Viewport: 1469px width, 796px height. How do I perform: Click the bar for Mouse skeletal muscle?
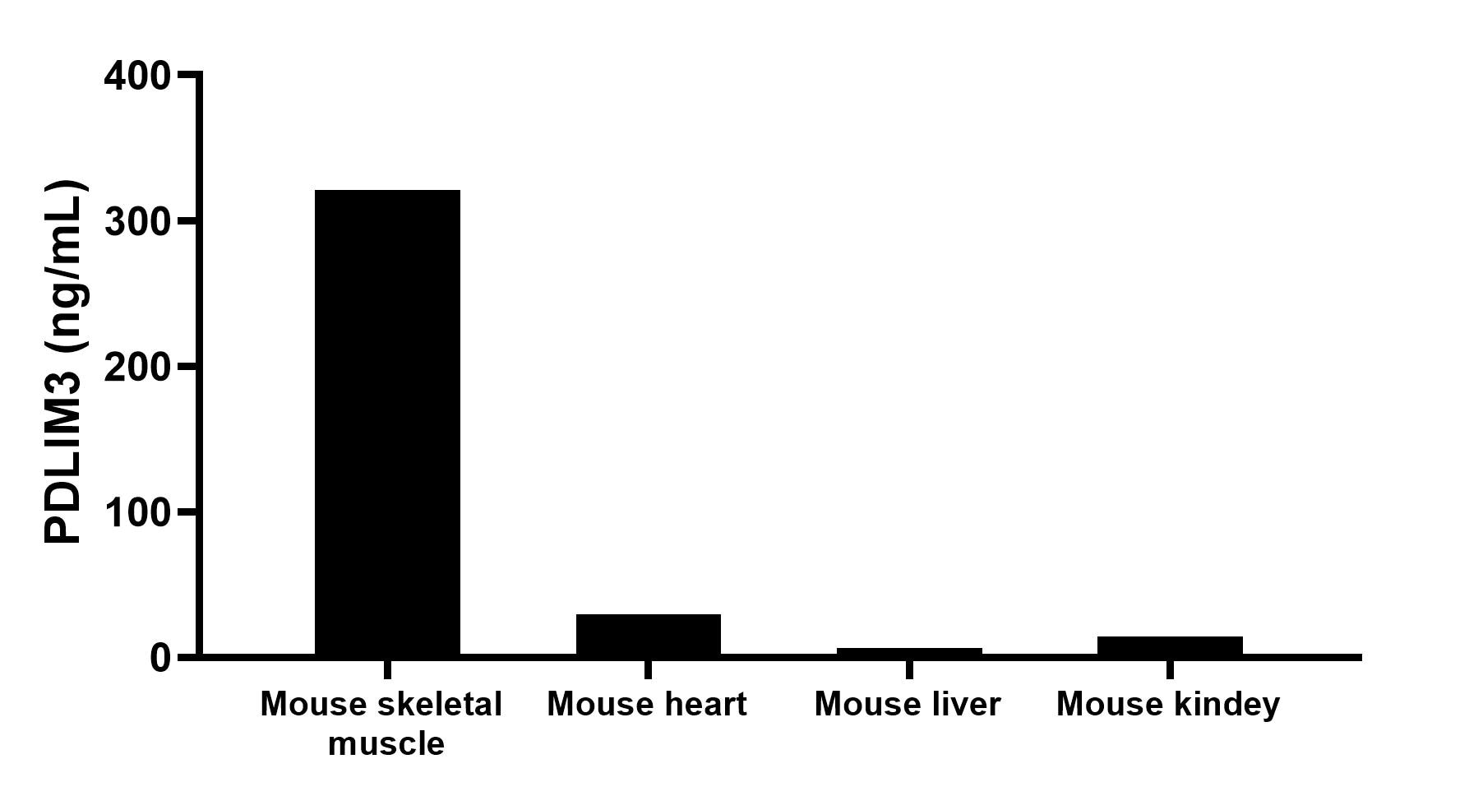tap(387, 422)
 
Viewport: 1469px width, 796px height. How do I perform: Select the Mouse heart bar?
tap(648, 635)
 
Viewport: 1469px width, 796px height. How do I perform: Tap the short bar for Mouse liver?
tap(908, 651)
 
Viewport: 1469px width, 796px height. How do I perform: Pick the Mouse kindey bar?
tap(1169, 646)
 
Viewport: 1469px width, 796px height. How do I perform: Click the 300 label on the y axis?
tap(137, 222)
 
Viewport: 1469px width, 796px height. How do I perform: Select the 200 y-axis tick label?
tap(137, 368)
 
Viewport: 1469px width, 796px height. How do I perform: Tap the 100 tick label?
tap(137, 513)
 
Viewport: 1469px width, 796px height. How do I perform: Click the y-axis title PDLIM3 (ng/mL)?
tap(64, 362)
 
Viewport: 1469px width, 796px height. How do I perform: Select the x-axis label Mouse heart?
tap(647, 705)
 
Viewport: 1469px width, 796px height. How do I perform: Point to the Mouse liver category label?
tap(908, 705)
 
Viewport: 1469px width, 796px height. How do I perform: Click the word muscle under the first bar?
tap(386, 744)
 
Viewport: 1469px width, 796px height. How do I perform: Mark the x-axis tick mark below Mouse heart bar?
tap(648, 669)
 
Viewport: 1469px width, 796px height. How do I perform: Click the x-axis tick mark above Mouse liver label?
tap(908, 669)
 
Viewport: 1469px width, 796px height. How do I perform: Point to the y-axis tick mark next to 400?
tap(187, 75)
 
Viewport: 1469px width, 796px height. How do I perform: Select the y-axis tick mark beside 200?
tap(187, 366)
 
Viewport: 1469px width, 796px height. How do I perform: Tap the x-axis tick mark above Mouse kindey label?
tap(1169, 669)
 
